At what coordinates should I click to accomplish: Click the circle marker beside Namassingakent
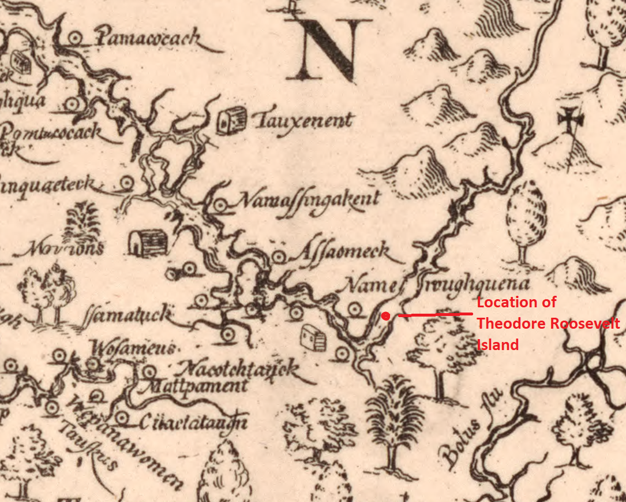coord(220,204)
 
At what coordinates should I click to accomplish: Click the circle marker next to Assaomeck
coord(279,256)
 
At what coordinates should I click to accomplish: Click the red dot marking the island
coord(385,315)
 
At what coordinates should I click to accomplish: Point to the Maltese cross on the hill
coord(571,121)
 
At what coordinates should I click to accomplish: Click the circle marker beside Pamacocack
coord(74,39)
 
